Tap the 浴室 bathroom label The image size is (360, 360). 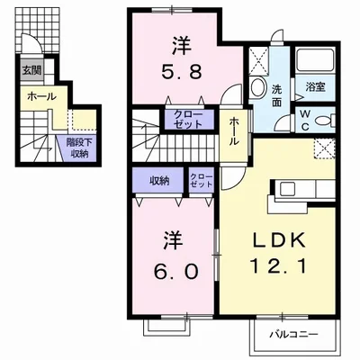click(314, 87)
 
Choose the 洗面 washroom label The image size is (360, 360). click(278, 95)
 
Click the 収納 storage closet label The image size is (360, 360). click(158, 180)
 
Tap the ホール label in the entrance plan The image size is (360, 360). click(41, 96)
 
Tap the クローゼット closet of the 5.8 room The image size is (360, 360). click(188, 120)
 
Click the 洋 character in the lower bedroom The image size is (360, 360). click(174, 240)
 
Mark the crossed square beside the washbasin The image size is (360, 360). click(261, 61)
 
